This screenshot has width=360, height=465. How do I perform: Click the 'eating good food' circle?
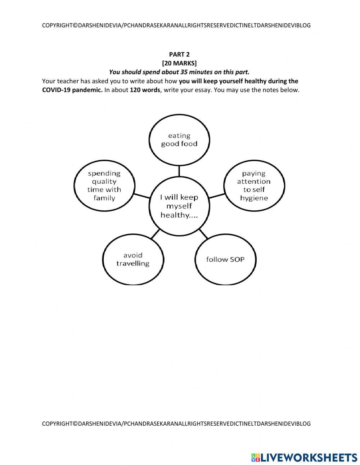179,140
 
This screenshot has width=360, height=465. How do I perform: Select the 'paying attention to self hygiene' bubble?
254,185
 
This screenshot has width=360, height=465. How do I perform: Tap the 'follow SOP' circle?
225,259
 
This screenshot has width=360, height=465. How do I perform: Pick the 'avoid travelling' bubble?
133,259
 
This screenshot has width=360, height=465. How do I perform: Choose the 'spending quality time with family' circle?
104,185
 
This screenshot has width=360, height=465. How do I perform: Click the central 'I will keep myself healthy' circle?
179,206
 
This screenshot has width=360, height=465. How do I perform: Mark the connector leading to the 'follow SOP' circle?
203,234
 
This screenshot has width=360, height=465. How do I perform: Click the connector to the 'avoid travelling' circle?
155,234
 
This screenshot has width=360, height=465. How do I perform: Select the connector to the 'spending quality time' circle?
141,196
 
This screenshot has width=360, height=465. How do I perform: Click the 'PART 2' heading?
179,54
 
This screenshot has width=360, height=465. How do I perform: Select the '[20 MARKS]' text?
179,63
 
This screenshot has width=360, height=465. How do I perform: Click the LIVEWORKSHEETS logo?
304,457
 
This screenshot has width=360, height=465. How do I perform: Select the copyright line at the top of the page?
176,26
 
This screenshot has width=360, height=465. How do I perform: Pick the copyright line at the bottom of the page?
176,424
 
